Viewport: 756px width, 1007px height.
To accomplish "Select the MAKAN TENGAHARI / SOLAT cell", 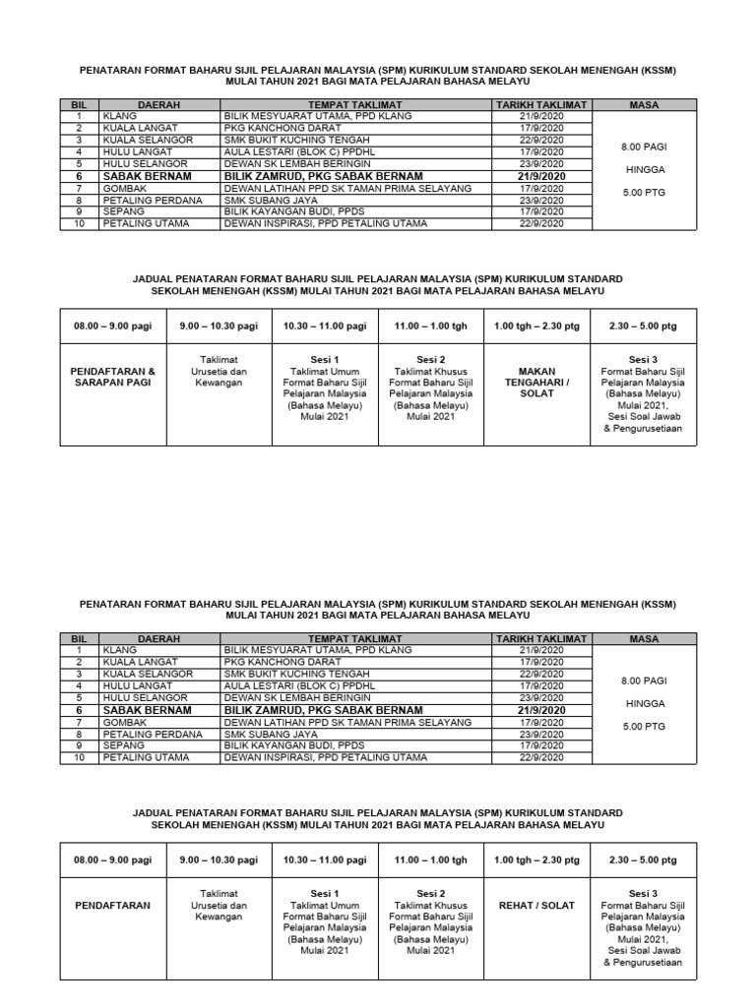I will (537, 382).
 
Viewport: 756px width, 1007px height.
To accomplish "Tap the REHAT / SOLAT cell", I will (537, 905).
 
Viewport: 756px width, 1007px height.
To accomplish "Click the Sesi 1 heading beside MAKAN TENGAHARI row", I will (325, 360).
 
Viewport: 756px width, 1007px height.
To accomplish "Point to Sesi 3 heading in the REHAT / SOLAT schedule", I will (643, 894).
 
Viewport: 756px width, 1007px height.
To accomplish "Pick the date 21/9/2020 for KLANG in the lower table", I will (543, 650).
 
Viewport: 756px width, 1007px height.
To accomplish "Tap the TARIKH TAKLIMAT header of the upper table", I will (541, 104).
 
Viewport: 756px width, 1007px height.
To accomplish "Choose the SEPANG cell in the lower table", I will (120, 745).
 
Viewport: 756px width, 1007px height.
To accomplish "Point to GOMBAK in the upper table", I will (123, 188).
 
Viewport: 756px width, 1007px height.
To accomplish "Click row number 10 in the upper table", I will (80, 224).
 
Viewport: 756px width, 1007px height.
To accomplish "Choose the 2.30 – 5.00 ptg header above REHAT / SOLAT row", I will (643, 859).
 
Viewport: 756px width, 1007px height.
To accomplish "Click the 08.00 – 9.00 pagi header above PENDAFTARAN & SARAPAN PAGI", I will (111, 326).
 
